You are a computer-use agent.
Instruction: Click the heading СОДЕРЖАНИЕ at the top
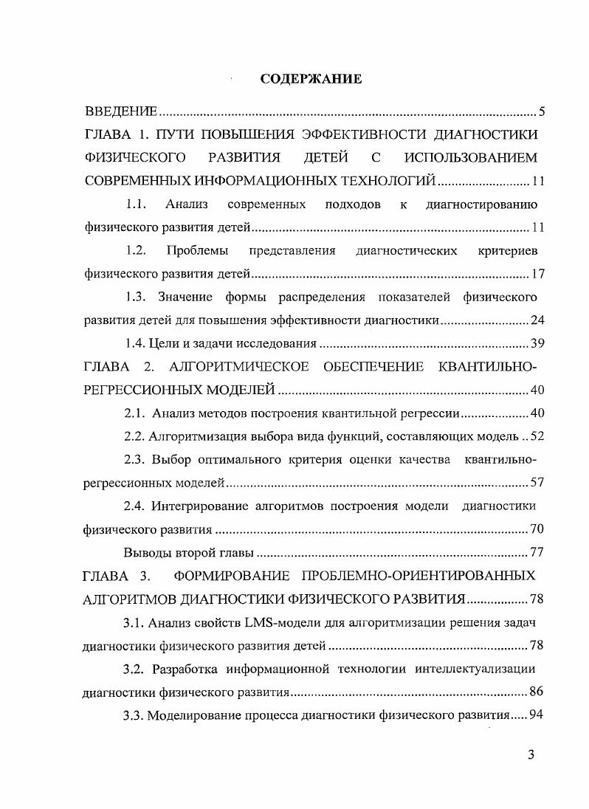pos(311,79)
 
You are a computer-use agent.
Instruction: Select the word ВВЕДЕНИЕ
pos(121,112)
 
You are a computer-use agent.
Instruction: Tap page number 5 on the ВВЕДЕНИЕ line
pos(541,112)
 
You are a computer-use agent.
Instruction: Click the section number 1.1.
pos(138,204)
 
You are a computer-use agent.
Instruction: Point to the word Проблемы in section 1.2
pos(198,251)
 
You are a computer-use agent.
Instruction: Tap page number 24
pos(537,320)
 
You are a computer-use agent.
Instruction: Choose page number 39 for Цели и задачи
pos(537,343)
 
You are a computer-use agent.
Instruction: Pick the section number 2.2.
pos(134,436)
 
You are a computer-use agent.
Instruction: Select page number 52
pos(537,436)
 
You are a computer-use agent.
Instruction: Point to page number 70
pos(537,529)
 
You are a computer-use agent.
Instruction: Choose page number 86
pos(537,692)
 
